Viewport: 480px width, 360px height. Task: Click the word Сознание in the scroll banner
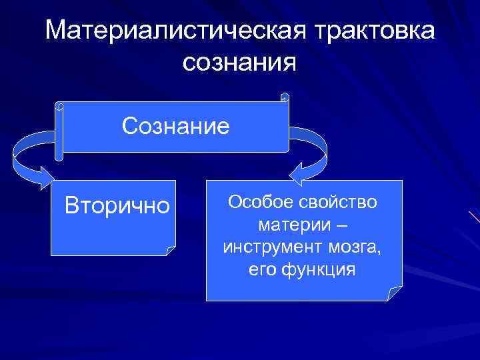click(x=175, y=125)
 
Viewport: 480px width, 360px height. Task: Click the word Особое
click(x=257, y=201)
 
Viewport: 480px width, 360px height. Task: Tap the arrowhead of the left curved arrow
click(x=47, y=179)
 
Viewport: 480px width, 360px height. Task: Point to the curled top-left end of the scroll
click(x=59, y=106)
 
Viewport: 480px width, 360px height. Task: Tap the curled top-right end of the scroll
click(x=285, y=97)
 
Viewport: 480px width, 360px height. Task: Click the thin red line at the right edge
click(x=474, y=217)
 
